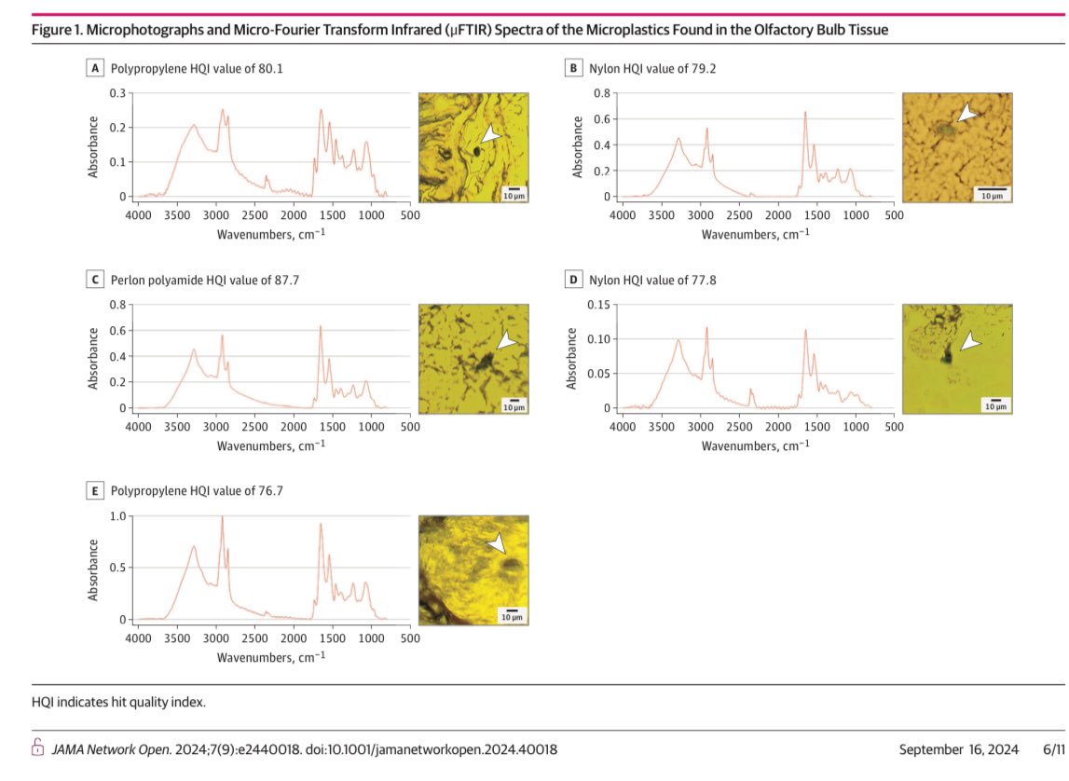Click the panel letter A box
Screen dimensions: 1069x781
95,68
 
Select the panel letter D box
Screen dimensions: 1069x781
573,280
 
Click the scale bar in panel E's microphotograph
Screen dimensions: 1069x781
512,610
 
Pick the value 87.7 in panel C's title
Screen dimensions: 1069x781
286,281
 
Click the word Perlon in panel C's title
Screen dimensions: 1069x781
127,281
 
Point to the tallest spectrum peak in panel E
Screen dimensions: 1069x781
222,517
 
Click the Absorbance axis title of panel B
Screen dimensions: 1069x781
578,147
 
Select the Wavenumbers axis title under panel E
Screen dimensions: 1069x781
271,658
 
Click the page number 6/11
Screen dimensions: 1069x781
1053,749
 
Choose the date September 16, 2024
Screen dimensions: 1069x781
958,749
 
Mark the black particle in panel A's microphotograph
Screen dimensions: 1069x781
477,151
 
